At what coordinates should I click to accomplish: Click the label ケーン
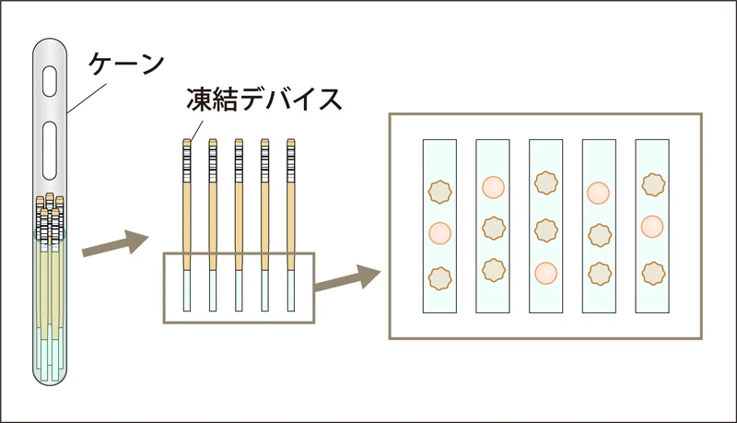pos(126,65)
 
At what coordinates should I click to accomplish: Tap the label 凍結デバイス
pos(263,100)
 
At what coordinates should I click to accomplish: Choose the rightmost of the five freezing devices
pos(291,221)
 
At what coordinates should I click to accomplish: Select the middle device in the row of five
pos(240,221)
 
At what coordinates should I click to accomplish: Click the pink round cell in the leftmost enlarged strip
pos(439,232)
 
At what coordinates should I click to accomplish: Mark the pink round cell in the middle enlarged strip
pos(546,273)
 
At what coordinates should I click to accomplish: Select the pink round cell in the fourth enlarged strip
pos(599,193)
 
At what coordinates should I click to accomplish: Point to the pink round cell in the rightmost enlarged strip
pos(652,226)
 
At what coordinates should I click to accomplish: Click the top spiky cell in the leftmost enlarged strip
pos(439,192)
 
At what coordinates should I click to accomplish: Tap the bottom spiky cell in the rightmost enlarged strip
pos(652,273)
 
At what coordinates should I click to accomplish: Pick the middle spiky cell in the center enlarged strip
pos(546,229)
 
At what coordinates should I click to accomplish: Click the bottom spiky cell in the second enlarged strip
pos(493,270)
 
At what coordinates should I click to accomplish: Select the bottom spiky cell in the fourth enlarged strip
pos(599,274)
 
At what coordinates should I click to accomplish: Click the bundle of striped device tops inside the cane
pos(52,214)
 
